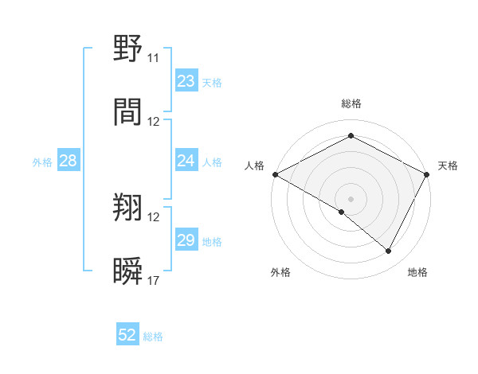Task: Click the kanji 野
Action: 127,50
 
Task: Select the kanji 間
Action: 127,112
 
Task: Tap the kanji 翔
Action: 127,208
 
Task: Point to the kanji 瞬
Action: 127,271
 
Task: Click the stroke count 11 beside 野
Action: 153,59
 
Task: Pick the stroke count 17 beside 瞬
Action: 153,280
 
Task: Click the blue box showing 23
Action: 186,81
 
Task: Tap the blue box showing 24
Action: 186,161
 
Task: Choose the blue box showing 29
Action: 186,240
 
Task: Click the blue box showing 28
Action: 69,161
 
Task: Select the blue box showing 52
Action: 127,335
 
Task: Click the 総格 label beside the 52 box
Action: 153,337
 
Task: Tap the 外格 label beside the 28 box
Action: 42,162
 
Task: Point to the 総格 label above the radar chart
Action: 351,103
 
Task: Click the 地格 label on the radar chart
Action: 417,273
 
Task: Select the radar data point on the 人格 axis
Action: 275,174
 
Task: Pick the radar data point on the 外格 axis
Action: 342,212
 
